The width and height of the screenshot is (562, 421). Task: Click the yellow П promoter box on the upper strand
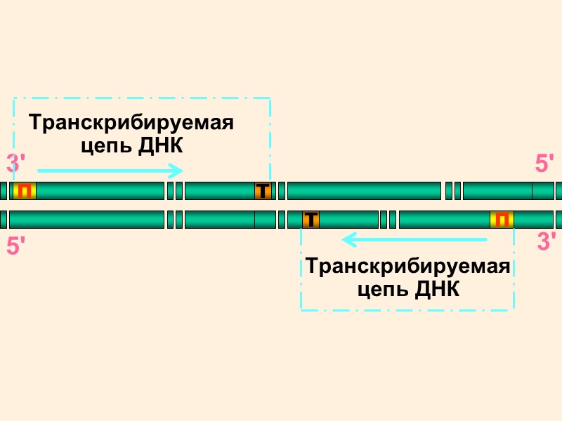tap(25, 191)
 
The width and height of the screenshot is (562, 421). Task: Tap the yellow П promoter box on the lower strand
tap(502, 220)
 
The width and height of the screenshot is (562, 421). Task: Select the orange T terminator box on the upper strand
tap(263, 191)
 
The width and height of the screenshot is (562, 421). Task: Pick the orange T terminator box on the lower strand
tap(311, 220)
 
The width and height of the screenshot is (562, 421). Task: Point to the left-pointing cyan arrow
tap(414, 241)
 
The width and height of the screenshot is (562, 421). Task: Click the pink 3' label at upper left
tap(16, 164)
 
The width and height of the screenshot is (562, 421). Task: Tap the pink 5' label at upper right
tap(545, 164)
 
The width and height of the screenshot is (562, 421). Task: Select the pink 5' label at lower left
tap(16, 246)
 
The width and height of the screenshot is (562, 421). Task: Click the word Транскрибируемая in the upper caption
tap(131, 123)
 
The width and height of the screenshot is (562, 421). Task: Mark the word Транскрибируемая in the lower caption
tap(408, 267)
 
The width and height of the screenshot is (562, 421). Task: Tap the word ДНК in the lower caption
tap(437, 289)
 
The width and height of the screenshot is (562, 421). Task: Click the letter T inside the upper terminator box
tap(263, 191)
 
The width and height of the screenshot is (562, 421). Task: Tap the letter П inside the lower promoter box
tap(502, 220)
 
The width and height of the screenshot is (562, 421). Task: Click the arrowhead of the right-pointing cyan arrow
tap(178, 171)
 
